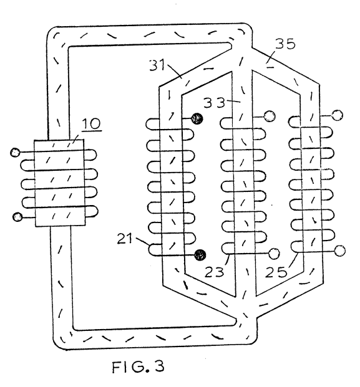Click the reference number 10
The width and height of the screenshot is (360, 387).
91,123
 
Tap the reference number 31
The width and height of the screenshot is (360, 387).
157,65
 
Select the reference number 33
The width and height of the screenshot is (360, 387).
214,103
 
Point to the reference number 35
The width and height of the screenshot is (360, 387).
285,44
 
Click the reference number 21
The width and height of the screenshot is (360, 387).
125,239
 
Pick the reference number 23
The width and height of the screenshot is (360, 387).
214,272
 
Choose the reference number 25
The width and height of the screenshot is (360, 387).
276,272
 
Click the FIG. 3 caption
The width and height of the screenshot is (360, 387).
138,366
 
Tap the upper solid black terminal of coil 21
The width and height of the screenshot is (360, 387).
197,118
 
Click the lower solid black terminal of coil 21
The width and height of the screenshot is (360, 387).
200,254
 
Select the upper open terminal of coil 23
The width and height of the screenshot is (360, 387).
270,116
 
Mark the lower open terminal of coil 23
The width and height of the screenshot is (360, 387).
274,254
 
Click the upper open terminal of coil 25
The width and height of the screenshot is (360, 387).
338,115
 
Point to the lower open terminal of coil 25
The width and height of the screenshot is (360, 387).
340,251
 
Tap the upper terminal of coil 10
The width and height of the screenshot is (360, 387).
15,153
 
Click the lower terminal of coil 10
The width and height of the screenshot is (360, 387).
17,217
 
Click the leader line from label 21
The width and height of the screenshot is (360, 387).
143,242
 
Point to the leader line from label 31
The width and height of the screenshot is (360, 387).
175,70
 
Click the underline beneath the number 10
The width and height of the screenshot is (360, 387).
92,130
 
